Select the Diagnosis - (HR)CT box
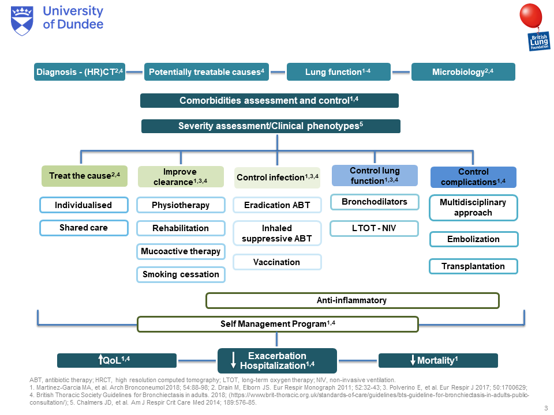(80, 71)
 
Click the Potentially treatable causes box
(206, 71)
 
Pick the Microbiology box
(463, 71)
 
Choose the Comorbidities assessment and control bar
(269, 100)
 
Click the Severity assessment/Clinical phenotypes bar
(270, 126)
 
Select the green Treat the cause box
(84, 176)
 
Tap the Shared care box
(83, 228)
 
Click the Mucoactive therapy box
(181, 251)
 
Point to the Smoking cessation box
(181, 274)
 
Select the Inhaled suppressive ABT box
(277, 233)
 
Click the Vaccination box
(277, 262)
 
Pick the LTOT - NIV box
(374, 228)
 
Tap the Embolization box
(473, 239)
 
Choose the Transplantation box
(473, 266)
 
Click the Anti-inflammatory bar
(352, 300)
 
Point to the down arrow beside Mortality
(413, 361)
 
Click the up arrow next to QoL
(101, 360)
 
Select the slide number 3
(545, 408)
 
